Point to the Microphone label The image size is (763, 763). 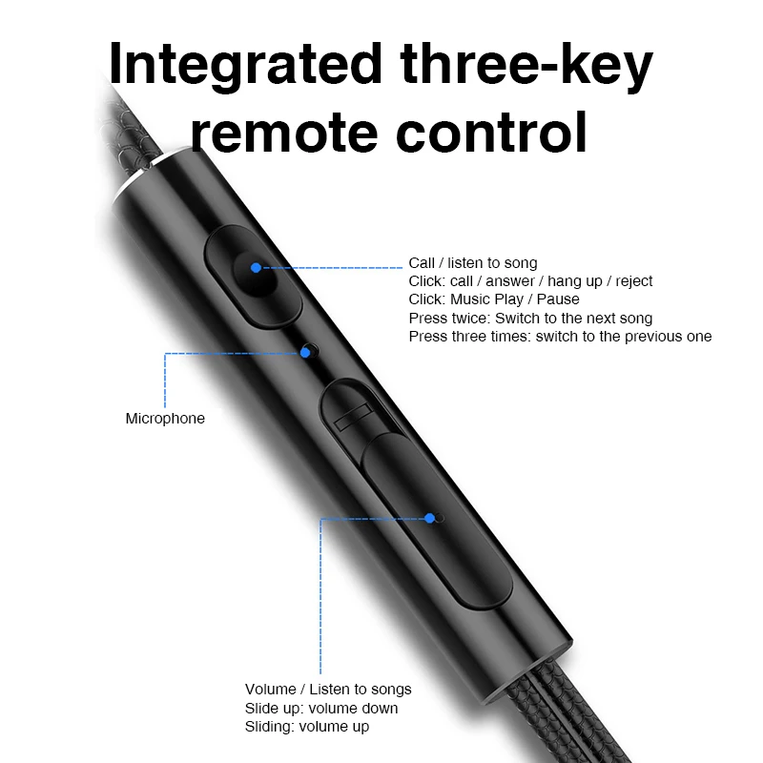click(x=165, y=419)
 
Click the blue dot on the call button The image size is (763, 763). click(x=256, y=267)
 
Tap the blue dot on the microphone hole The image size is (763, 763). click(x=305, y=352)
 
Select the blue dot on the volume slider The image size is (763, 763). click(x=430, y=518)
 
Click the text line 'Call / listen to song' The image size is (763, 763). click(x=473, y=263)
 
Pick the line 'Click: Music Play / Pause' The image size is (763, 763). click(x=493, y=299)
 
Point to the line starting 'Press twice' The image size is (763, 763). click(x=530, y=318)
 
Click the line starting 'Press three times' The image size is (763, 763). click(x=560, y=336)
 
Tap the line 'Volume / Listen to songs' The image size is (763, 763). click(x=328, y=690)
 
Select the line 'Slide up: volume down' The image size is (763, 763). click(x=321, y=708)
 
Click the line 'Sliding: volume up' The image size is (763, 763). click(x=306, y=727)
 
